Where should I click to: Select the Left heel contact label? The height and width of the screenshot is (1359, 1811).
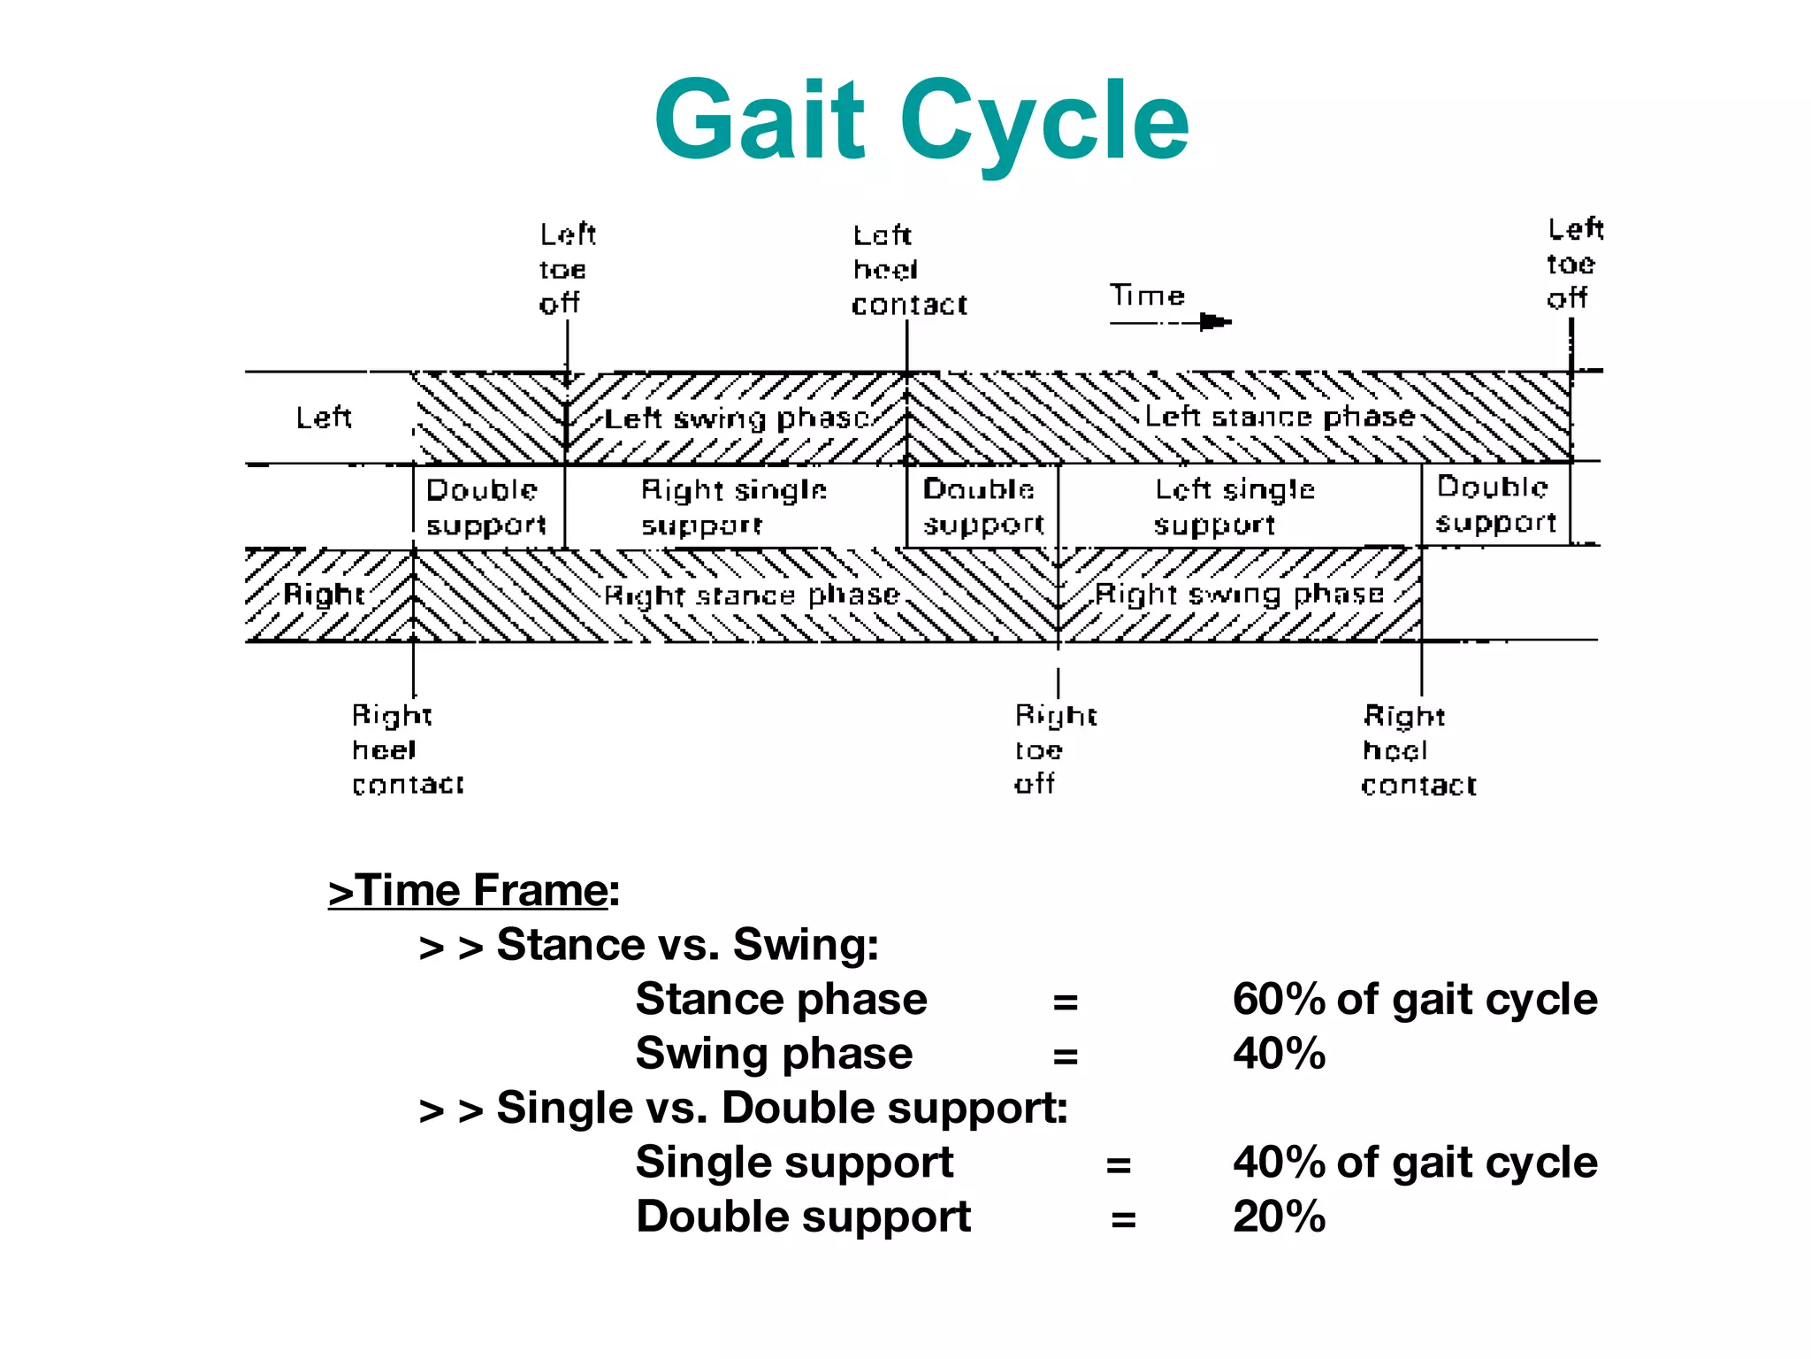(x=908, y=270)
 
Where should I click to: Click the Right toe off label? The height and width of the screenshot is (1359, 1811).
(x=1055, y=749)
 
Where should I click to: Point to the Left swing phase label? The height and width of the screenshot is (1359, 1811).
(x=737, y=418)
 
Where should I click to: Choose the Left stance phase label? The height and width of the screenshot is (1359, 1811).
(x=1280, y=417)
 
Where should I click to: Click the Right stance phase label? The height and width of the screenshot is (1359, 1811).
(x=751, y=595)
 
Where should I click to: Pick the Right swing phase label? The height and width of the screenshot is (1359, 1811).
(x=1239, y=595)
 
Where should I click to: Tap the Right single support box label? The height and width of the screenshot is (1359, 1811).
(x=733, y=507)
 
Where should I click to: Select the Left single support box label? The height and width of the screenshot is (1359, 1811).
(x=1234, y=507)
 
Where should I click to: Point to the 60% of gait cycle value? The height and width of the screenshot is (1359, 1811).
(x=1415, y=1000)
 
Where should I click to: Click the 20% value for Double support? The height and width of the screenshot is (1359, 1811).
(x=1279, y=1217)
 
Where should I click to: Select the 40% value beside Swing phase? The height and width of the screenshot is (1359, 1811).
(x=1279, y=1054)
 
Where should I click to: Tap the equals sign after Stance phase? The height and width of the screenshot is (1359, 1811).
(x=1065, y=1002)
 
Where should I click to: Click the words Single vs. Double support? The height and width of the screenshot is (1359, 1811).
(x=782, y=1108)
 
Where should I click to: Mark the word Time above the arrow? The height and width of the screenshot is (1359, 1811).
(x=1147, y=296)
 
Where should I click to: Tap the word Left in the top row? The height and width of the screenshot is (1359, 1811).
(x=324, y=418)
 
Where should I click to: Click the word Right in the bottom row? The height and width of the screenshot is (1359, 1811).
(x=324, y=595)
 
